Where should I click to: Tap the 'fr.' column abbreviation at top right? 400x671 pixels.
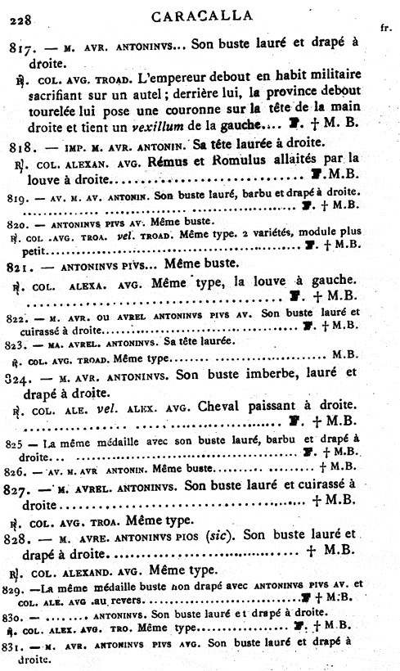(x=385, y=28)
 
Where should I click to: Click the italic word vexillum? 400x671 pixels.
(x=226, y=125)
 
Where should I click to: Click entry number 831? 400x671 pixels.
(x=16, y=643)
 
